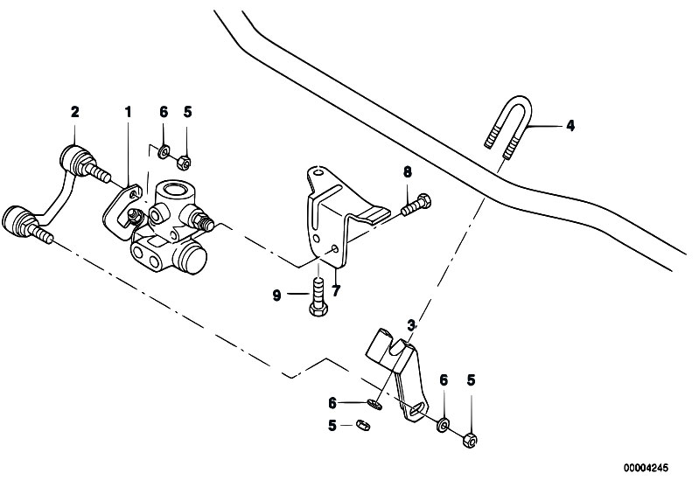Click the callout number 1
(128, 112)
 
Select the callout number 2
(74, 112)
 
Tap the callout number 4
(570, 126)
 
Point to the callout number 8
(407, 171)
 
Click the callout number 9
(276, 296)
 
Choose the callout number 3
(410, 324)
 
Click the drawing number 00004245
(644, 468)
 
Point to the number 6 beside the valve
(163, 112)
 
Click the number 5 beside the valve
(187, 112)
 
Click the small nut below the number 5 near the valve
(184, 161)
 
